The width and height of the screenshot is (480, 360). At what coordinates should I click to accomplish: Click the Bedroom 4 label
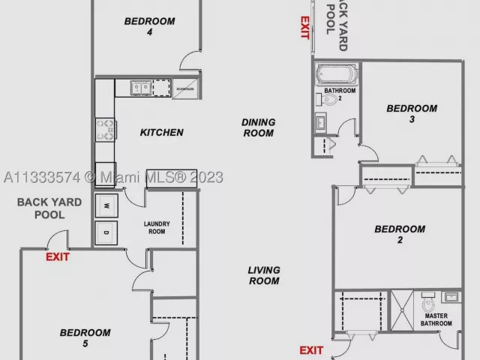[x=150, y=26]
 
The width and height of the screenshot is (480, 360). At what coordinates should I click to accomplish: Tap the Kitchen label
[x=162, y=132]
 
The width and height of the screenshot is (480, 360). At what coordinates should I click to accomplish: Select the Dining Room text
[x=258, y=127]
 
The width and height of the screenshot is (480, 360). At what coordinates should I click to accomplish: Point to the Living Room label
[x=264, y=275]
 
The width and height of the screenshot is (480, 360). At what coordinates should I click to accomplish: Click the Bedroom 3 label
[x=412, y=113]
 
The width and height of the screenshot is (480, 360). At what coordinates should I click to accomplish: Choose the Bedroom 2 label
[x=400, y=234]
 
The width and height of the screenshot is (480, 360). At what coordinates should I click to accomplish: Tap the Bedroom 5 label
[x=85, y=338]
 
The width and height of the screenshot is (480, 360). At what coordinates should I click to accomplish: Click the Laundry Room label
[x=157, y=228]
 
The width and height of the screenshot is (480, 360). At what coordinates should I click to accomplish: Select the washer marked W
[x=106, y=205]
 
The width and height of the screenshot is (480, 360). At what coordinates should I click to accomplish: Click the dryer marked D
[x=106, y=233]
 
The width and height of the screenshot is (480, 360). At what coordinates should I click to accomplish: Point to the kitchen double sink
[x=141, y=88]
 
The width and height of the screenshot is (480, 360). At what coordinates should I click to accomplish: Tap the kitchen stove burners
[x=105, y=130]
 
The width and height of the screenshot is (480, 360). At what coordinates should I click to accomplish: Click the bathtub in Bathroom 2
[x=337, y=74]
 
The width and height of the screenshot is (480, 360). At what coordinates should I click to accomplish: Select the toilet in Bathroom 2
[x=327, y=100]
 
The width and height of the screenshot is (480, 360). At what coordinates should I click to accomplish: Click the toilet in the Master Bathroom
[x=428, y=302]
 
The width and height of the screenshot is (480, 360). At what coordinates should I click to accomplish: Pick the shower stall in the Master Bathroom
[x=402, y=310]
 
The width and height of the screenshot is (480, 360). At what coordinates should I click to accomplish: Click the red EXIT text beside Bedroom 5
[x=58, y=256]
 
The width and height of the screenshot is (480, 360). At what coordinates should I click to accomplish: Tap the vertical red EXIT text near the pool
[x=304, y=28]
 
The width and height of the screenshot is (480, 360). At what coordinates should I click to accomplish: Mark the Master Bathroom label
[x=436, y=319]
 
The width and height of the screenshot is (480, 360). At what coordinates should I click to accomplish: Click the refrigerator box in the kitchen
[x=185, y=88]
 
